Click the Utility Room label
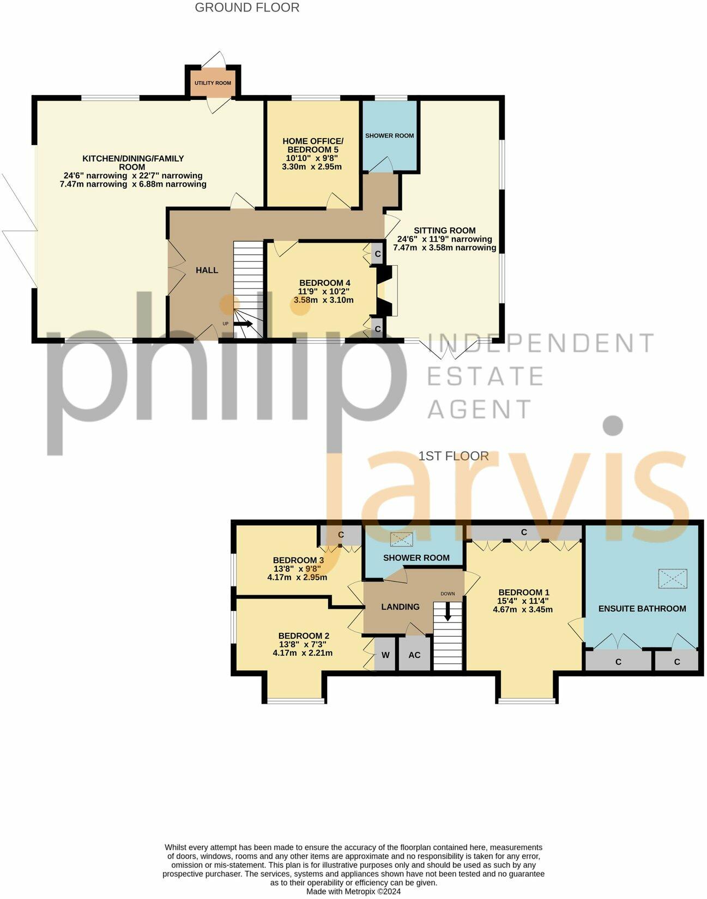click(x=213, y=83)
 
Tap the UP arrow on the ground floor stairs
click(x=243, y=323)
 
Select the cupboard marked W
click(x=385, y=655)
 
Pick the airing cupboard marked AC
click(x=414, y=655)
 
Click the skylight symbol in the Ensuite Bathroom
click(x=673, y=578)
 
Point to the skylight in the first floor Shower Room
click(x=402, y=540)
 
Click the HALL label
click(x=207, y=270)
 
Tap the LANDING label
click(x=400, y=607)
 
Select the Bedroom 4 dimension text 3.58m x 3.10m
click(x=324, y=300)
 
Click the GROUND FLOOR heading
click(x=247, y=8)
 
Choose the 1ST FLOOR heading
click(x=454, y=456)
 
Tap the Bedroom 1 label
click(x=524, y=592)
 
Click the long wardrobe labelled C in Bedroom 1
click(x=524, y=532)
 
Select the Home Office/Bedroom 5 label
click(x=313, y=145)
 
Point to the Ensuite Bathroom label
click(x=642, y=608)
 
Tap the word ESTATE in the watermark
click(x=485, y=376)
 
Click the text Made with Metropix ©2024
click(x=353, y=891)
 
